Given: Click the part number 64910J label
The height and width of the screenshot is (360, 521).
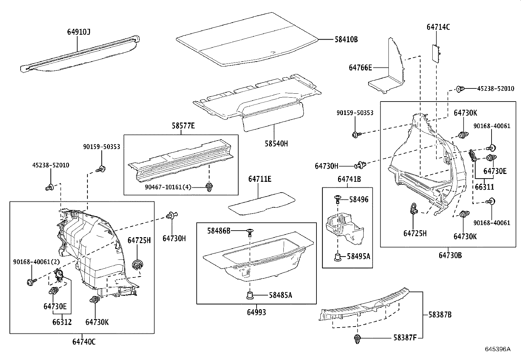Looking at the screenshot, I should [79, 32].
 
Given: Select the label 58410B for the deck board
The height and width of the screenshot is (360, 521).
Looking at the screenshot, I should [346, 40].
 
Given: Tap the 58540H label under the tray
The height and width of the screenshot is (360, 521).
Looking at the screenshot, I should [277, 143].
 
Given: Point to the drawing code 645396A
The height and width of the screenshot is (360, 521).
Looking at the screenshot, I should [497, 349].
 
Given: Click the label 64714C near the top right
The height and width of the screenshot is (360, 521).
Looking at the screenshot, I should [438, 27].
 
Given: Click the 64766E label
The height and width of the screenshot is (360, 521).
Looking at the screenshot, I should [360, 68].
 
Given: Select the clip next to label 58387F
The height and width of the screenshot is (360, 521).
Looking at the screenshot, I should [357, 339].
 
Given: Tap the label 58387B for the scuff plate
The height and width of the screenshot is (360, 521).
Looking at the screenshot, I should [440, 315].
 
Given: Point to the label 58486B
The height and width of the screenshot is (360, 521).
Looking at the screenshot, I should [219, 231].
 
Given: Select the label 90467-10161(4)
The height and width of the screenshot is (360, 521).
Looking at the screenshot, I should [168, 187].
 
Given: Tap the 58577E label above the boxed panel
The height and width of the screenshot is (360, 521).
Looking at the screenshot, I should [183, 126].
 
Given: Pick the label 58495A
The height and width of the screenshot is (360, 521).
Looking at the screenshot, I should [358, 256].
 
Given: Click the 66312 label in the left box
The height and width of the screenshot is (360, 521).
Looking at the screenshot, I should [62, 322].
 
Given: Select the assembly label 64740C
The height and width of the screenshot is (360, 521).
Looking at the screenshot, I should [84, 342].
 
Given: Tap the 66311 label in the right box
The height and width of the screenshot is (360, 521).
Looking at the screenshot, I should [484, 187].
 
